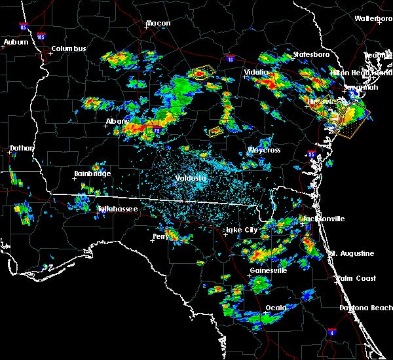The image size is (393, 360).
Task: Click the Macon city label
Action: tap(158, 24)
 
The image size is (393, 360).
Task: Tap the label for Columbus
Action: tap(69, 49)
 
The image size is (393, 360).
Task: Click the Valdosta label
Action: tap(191, 178)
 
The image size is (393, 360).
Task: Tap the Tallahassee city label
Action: tap(118, 209)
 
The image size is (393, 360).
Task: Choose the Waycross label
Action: tap(264, 151)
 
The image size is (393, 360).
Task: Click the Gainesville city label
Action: tap(268, 270)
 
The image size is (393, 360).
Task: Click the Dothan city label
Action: tap(22, 149)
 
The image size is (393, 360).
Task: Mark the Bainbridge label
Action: tap(92, 174)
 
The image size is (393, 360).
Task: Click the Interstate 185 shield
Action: tap(42, 38)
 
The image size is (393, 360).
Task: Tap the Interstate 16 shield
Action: tap(230, 59)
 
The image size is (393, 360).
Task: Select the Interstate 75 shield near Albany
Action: tap(157, 131)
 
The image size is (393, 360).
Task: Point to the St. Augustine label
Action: tap(352, 253)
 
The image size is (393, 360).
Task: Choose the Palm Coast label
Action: tap(358, 279)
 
